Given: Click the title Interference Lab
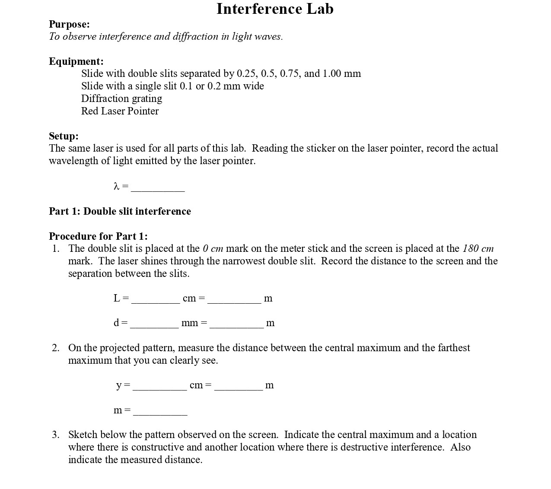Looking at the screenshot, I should click(275, 9).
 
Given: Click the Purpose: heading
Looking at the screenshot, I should click(69, 24).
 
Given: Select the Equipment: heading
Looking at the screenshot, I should click(76, 61).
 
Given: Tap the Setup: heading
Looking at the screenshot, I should click(64, 136).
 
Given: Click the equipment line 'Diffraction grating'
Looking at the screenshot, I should click(121, 98).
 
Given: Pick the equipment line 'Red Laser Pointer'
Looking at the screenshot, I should click(120, 111).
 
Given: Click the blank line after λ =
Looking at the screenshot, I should click(158, 188).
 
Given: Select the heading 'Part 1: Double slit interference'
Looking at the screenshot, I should click(120, 211).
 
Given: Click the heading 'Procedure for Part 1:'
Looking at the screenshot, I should click(98, 236).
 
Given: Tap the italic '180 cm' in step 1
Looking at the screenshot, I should click(478, 248).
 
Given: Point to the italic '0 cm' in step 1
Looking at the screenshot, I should click(213, 248).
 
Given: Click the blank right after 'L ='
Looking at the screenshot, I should click(156, 300).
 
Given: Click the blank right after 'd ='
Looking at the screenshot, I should click(154, 324).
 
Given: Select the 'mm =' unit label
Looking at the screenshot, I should click(194, 323).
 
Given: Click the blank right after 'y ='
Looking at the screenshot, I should click(159, 387).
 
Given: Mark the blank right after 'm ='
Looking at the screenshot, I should click(160, 412).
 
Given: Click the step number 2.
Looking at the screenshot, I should click(56, 348).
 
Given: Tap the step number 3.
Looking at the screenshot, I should click(56, 435).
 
